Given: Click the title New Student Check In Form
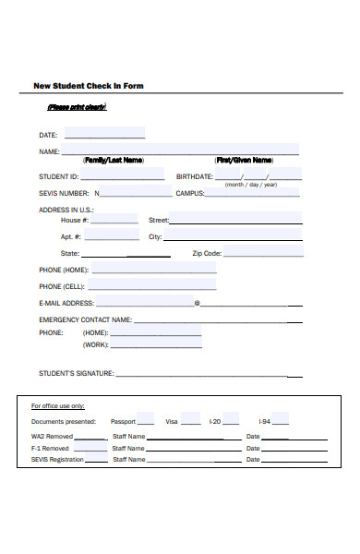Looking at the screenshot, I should coord(89,86).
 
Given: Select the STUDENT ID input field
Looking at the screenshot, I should coord(123,175).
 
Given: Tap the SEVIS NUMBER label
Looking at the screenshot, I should coord(64,194).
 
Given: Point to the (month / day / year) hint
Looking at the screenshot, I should coord(250,185).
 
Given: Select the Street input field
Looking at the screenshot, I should coord(236,220).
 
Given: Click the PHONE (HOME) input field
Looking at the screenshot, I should coord(154,269).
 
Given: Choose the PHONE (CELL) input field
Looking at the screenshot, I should coord(153,285).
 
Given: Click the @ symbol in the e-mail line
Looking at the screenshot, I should coord(197,303).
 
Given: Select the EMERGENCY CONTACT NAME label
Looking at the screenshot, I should coord(85,319).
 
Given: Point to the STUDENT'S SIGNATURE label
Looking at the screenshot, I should coord(76,374).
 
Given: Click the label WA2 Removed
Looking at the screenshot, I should coord(52,436).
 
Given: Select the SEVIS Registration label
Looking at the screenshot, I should coord(57,459).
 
